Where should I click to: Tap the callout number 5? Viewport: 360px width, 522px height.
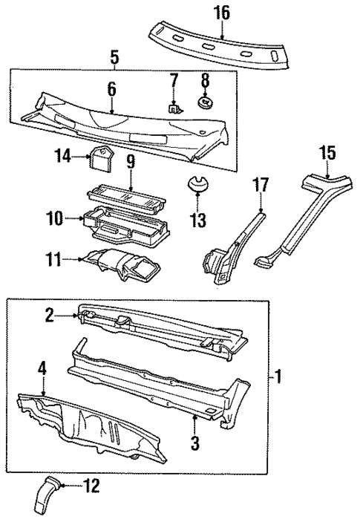tap(114, 56)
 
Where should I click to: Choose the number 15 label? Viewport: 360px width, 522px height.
tap(327, 154)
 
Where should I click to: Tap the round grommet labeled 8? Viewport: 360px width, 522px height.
tap(205, 99)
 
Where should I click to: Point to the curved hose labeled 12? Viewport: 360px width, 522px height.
tap(44, 496)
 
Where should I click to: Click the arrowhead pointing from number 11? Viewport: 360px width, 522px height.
tap(79, 259)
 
